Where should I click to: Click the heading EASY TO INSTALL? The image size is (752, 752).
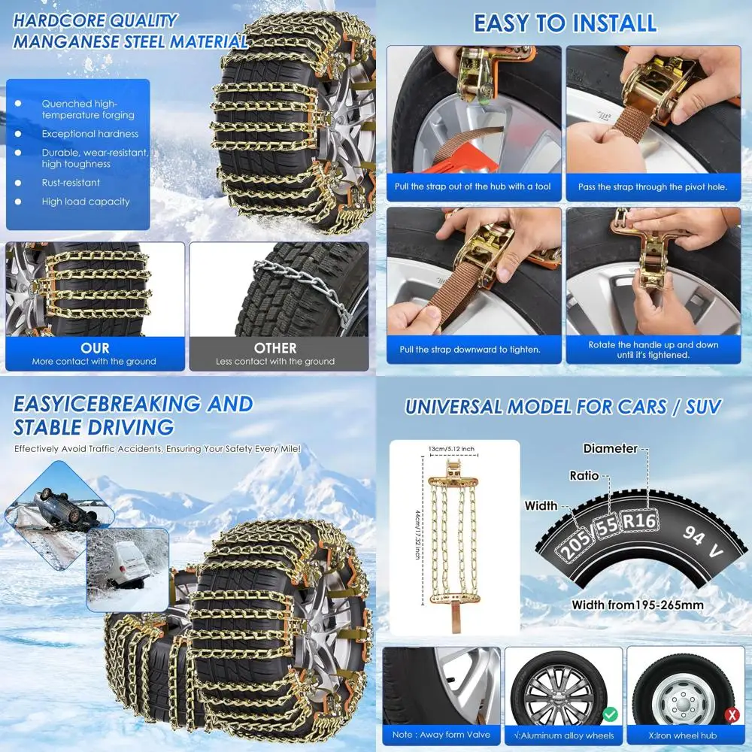tap(565, 23)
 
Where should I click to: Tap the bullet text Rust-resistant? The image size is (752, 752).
tap(71, 183)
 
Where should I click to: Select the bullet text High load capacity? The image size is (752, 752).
tap(85, 202)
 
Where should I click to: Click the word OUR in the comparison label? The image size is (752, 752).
tap(95, 348)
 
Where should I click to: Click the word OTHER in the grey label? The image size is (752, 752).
tap(275, 348)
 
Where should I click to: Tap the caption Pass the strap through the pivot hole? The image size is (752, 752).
tap(653, 186)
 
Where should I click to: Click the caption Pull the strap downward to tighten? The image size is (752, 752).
tap(470, 350)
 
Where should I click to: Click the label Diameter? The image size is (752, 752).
tap(610, 449)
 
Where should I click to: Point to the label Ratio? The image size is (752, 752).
tap(584, 476)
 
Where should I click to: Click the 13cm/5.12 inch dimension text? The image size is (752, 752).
tap(453, 449)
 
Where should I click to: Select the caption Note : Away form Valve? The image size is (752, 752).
tap(441, 735)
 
